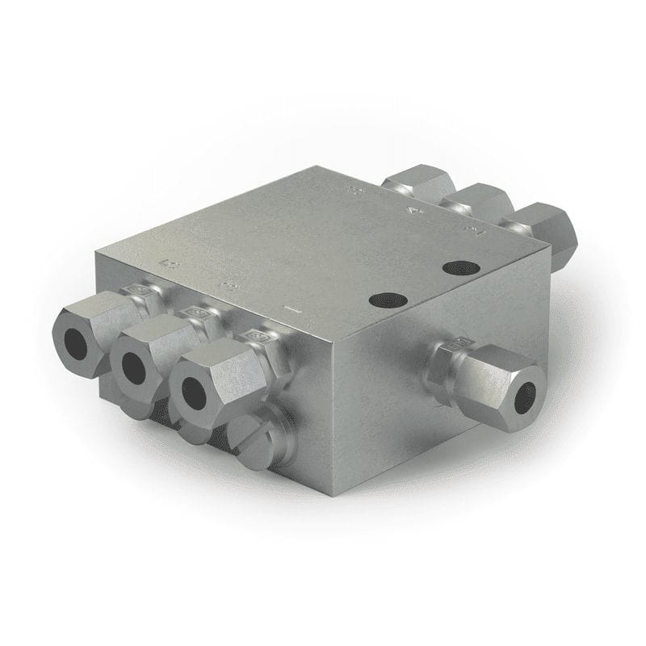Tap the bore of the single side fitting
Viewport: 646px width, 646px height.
tap(526, 393)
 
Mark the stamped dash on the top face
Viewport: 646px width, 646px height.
tap(293, 308)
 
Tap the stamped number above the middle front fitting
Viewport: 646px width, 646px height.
tap(229, 285)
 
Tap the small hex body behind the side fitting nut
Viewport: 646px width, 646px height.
tap(451, 348)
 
